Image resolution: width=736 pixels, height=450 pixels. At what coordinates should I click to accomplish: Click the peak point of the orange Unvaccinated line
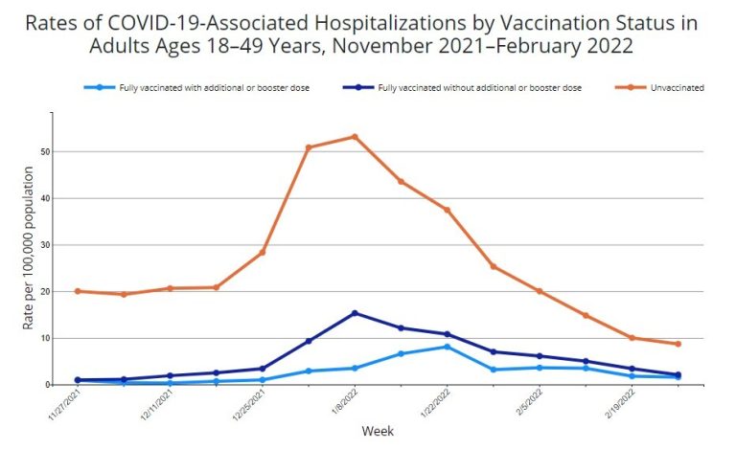355,137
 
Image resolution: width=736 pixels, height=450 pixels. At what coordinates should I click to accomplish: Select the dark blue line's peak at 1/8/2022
355,313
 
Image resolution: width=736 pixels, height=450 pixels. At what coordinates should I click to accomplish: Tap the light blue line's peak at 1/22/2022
447,347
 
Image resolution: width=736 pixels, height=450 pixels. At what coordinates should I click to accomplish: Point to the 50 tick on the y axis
44,152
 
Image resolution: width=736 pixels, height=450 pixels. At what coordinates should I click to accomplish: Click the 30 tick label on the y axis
44,245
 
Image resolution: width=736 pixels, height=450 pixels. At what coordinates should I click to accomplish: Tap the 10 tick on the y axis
44,338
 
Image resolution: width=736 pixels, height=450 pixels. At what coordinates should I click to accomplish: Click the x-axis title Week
377,431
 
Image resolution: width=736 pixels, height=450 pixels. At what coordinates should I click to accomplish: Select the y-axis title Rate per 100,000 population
29,248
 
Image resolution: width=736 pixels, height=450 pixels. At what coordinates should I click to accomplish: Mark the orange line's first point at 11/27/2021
78,291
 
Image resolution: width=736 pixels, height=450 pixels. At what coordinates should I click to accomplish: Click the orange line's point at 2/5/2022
540,291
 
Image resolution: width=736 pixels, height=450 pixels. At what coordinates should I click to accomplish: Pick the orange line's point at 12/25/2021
262,253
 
